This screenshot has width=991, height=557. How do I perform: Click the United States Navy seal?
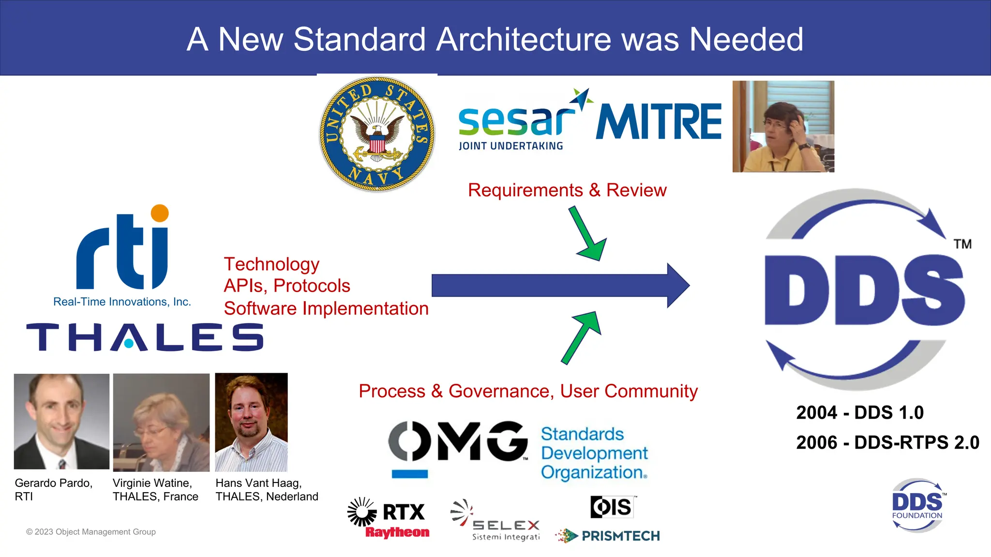[x=377, y=134]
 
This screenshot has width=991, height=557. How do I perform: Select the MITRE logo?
[x=659, y=121]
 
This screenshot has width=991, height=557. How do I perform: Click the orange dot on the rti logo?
[x=160, y=213]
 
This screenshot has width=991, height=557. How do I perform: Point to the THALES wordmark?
[x=145, y=337]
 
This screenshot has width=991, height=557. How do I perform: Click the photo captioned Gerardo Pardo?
[x=61, y=421]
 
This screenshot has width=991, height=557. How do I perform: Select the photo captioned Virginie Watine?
[x=161, y=422]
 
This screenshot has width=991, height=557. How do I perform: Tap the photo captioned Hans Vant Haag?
[x=251, y=422]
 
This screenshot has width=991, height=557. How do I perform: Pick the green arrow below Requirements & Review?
[x=587, y=235]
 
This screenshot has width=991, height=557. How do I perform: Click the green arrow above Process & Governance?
[x=582, y=337]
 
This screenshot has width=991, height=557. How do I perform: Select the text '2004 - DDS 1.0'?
[x=860, y=413]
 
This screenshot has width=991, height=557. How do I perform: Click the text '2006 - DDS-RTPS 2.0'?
[x=887, y=442]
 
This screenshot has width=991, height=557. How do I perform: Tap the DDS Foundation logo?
[x=917, y=505]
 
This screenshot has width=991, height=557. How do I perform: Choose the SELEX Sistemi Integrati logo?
[x=497, y=521]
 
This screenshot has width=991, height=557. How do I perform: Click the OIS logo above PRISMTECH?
[x=612, y=507]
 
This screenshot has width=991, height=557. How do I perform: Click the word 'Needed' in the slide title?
[x=746, y=39]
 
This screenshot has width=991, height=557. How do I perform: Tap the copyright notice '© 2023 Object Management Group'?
[x=91, y=532]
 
